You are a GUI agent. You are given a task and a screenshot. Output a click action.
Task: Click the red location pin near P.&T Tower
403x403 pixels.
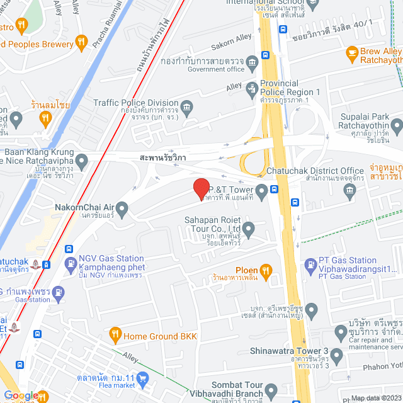click(x=201, y=188)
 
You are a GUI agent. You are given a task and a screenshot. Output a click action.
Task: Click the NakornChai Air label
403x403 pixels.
click(x=84, y=207)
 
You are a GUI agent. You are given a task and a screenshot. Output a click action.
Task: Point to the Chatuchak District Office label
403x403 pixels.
click(x=315, y=171)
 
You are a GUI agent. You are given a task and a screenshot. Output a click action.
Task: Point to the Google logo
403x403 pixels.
click(x=21, y=396)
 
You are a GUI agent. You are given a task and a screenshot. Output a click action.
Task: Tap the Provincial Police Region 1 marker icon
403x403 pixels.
click(x=252, y=88)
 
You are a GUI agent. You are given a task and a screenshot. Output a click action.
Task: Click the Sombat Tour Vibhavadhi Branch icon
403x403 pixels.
click(x=271, y=392)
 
